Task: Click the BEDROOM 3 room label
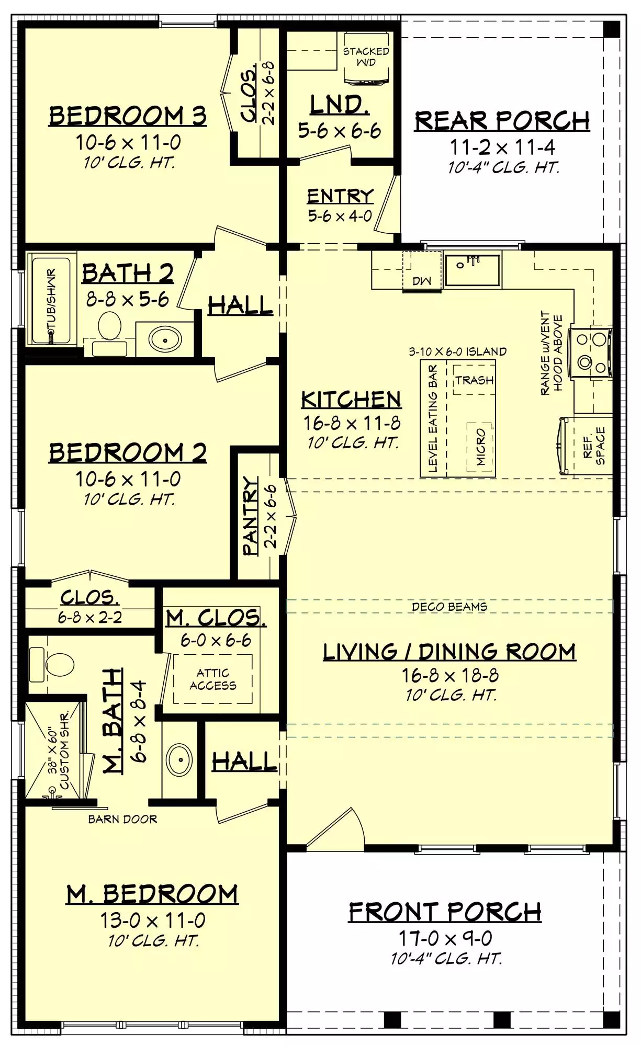(x=128, y=116)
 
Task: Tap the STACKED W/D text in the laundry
(x=366, y=56)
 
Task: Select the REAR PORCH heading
(x=502, y=121)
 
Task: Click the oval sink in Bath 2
(x=165, y=340)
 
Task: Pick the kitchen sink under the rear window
(x=473, y=270)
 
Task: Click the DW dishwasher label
(x=421, y=281)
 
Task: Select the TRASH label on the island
(x=474, y=380)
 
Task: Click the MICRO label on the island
(x=481, y=447)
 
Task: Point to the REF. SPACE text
(x=594, y=446)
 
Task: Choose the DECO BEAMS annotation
(x=449, y=607)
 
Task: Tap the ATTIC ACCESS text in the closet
(x=213, y=679)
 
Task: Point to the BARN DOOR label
(x=122, y=819)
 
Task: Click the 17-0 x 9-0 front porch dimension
(x=445, y=939)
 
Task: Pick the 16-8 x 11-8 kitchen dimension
(x=352, y=423)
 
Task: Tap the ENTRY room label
(x=340, y=196)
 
